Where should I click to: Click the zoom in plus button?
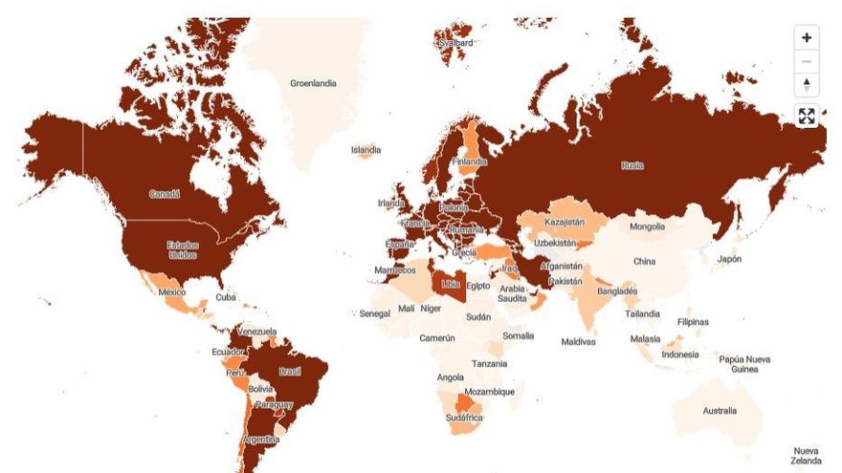coord(806,37)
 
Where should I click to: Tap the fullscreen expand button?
coord(806,117)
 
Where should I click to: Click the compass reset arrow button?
coord(806,85)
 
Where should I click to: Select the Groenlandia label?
coord(313,83)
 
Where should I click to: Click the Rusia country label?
coord(632,164)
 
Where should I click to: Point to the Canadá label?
coord(164,194)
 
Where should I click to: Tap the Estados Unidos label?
coord(183,249)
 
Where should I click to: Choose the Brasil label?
coord(289,371)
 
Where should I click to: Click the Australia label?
coord(720,411)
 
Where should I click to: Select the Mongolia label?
coord(647,226)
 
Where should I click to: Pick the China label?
coord(645,261)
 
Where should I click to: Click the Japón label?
coord(729,259)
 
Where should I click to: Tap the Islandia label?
coord(366,150)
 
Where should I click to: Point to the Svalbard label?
coord(455,43)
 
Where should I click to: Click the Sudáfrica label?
coord(465,418)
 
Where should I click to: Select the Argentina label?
coord(260,440)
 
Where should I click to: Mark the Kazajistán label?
coord(564,222)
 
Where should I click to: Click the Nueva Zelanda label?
coord(806,456)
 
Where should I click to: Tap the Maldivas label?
coord(579,341)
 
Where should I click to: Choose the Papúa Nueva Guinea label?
coord(744,364)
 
